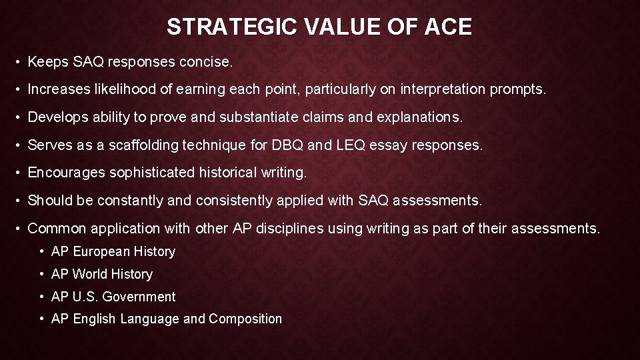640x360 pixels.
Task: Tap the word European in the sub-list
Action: (x=101, y=251)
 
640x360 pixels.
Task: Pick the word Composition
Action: (x=245, y=319)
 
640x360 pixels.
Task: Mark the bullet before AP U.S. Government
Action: (x=42, y=297)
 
